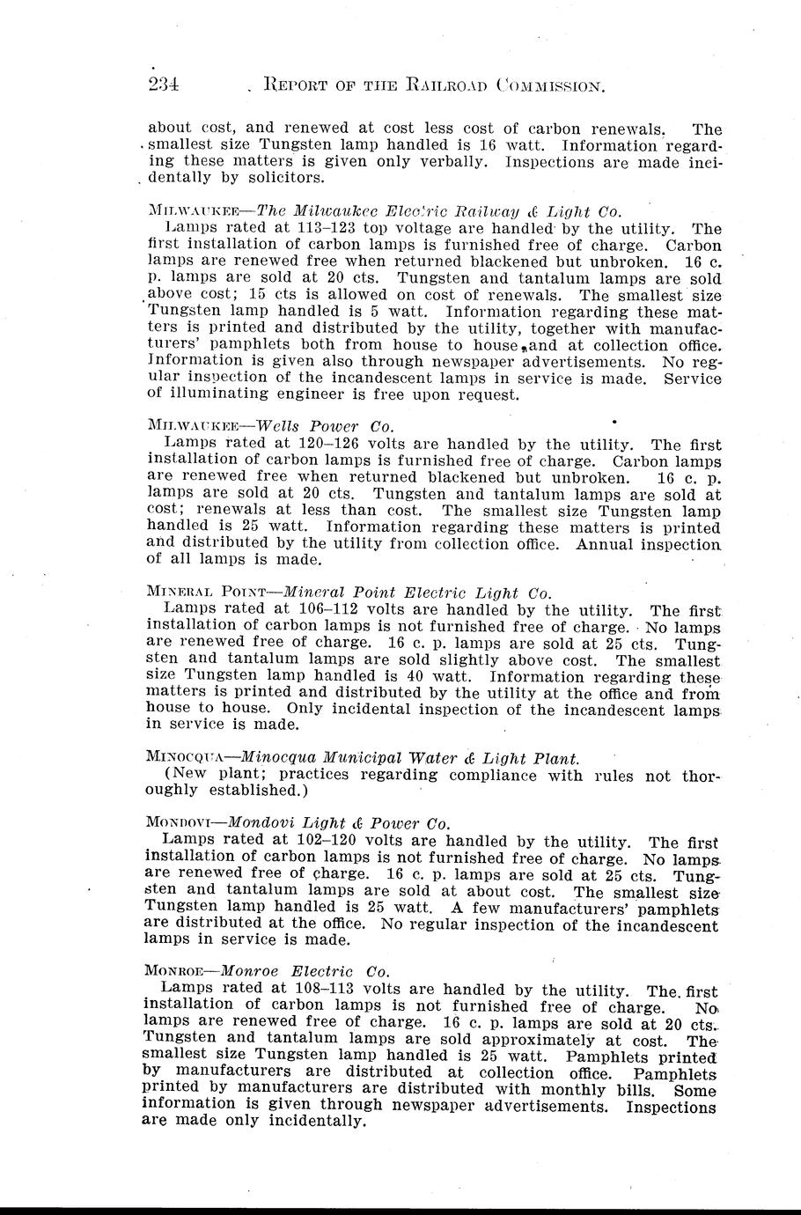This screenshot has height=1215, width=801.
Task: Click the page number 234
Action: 164,85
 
